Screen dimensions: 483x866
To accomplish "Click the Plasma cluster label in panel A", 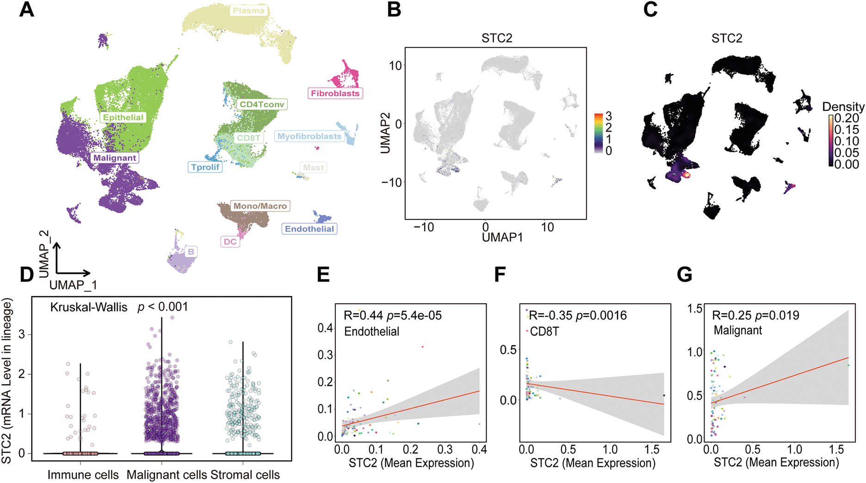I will click(248, 11).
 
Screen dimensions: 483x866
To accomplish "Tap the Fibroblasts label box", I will click(335, 93).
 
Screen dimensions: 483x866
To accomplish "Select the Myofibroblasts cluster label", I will click(309, 136).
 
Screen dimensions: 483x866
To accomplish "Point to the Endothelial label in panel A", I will click(309, 229).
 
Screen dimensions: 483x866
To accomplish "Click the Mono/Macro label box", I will click(260, 206).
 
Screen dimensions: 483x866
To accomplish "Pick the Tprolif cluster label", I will click(205, 167).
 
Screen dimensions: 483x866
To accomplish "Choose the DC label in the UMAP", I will click(230, 242).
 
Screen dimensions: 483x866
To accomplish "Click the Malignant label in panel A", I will click(115, 158).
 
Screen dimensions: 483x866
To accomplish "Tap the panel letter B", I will click(394, 9).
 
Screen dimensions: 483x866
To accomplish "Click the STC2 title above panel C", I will click(727, 38).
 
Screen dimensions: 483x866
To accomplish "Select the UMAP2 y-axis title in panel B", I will click(385, 133).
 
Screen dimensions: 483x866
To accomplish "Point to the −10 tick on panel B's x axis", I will click(423, 227).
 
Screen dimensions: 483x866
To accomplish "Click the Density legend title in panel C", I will click(843, 107).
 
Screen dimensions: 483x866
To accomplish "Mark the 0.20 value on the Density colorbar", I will click(847, 118).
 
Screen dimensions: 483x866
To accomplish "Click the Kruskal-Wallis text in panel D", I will click(89, 307).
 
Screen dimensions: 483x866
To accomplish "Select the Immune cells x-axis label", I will click(83, 475).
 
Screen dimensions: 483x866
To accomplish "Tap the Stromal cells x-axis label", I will click(245, 475).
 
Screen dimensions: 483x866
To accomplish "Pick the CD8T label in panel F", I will click(544, 331).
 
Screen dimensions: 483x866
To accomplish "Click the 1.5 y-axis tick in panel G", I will click(696, 309).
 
